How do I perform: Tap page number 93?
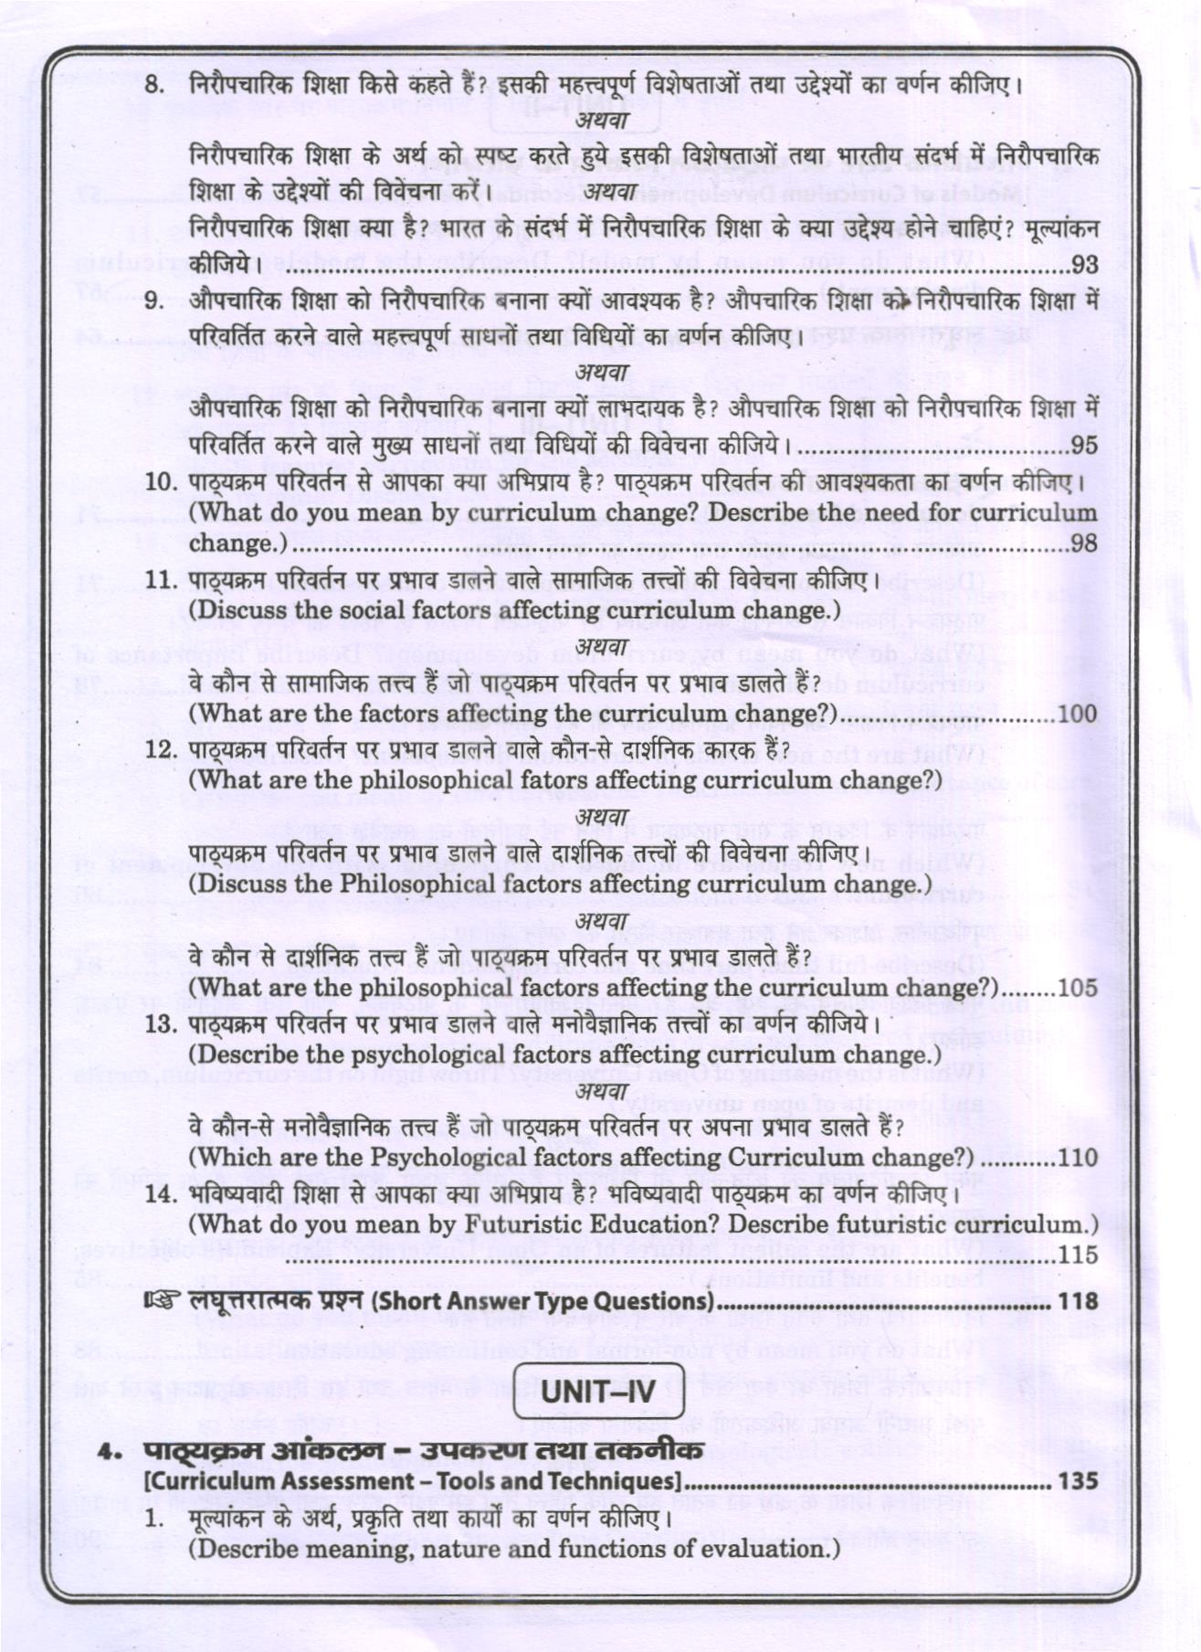tap(1085, 265)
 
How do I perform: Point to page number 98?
tap(1085, 544)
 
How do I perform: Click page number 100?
tap(1078, 714)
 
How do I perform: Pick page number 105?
tap(1078, 988)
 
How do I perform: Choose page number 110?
tap(1078, 1158)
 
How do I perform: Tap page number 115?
tap(1078, 1255)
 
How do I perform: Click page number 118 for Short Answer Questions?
tap(1078, 1300)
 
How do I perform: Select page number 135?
tap(1078, 1481)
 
